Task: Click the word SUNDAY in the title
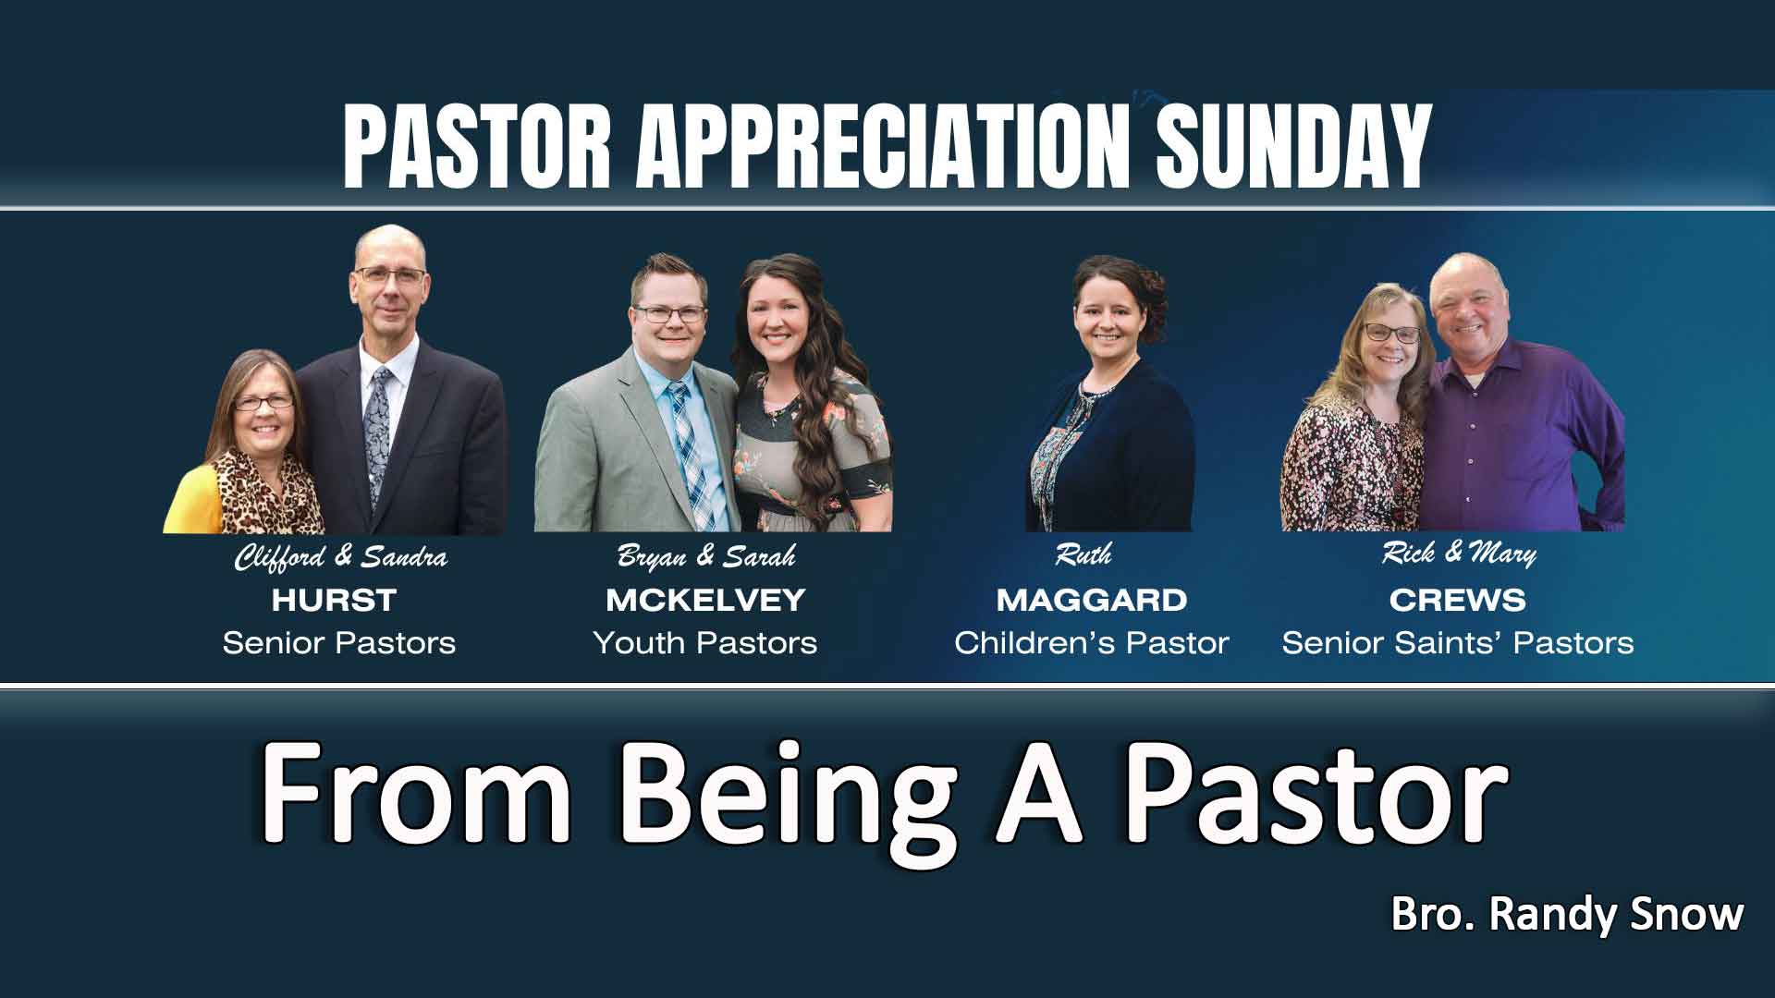1293,148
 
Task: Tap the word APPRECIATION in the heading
883,148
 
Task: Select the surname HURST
334,601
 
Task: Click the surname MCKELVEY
705,601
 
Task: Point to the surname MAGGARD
1092,601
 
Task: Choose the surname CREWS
1457,601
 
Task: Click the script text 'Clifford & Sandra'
340,558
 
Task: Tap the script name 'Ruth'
1083,555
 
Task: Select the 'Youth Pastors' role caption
705,643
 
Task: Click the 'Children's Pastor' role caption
1092,643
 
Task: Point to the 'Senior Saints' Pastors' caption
1457,643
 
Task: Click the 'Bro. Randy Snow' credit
1567,915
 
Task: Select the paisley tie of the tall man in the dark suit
378,425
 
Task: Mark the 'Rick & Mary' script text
1459,554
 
